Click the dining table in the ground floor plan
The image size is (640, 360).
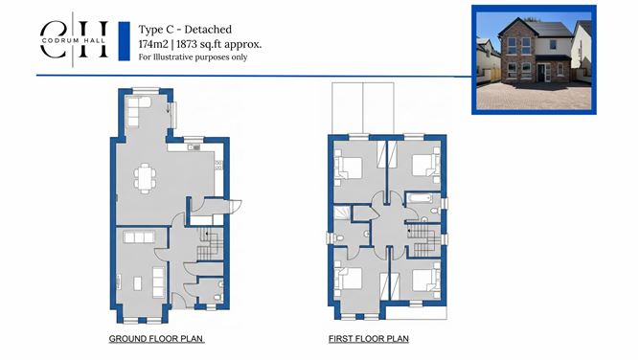click(x=145, y=175)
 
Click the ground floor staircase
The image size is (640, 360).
click(x=209, y=246)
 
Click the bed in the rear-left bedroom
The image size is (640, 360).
click(x=351, y=167)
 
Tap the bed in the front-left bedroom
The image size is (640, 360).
click(x=352, y=281)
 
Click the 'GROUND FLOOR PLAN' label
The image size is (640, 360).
click(x=157, y=339)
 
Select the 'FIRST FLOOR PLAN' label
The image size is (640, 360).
click(x=368, y=339)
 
